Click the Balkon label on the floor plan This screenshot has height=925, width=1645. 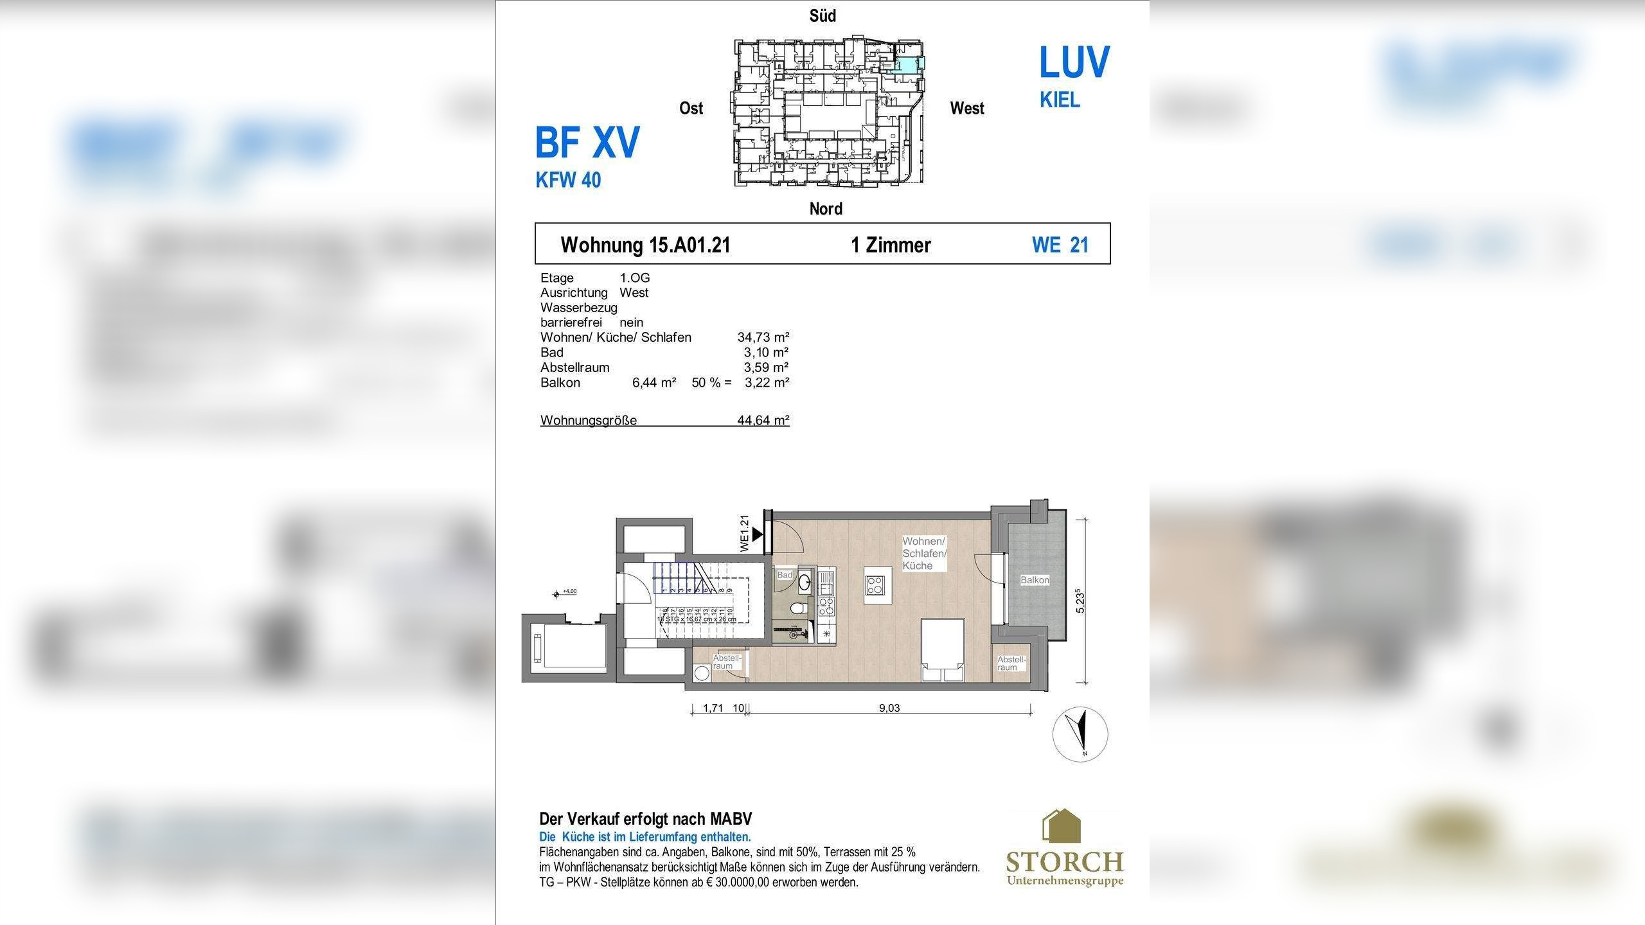coord(1035,580)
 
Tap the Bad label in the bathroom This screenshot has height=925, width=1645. coord(785,575)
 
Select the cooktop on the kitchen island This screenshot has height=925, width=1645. coord(876,585)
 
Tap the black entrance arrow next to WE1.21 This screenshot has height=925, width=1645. coord(757,534)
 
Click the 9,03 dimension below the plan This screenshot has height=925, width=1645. coord(889,709)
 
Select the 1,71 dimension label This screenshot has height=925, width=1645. coord(713,709)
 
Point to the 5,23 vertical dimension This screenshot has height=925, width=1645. coord(1081,601)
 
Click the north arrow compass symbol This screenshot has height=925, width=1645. coord(1080,734)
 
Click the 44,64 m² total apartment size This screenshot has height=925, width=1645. coord(763,420)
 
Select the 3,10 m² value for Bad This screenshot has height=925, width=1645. coord(765,352)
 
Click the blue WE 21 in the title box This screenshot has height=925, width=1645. coord(1060,245)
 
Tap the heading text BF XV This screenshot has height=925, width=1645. coord(587,143)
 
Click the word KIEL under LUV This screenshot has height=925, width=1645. coord(1060,100)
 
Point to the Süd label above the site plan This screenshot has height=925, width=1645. coord(822,16)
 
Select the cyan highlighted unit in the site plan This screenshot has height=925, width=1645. coord(908,64)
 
